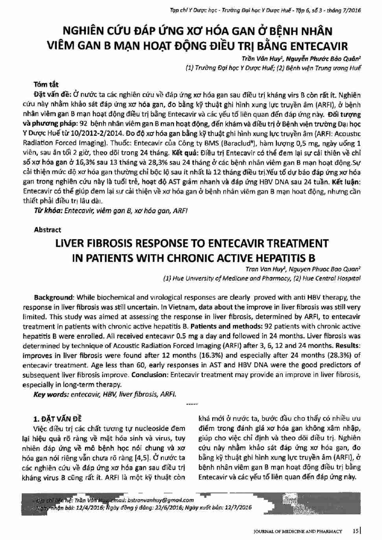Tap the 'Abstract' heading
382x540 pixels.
coord(47,230)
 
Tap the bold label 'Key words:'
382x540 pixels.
coord(51,395)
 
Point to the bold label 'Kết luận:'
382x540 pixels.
coord(344,182)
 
